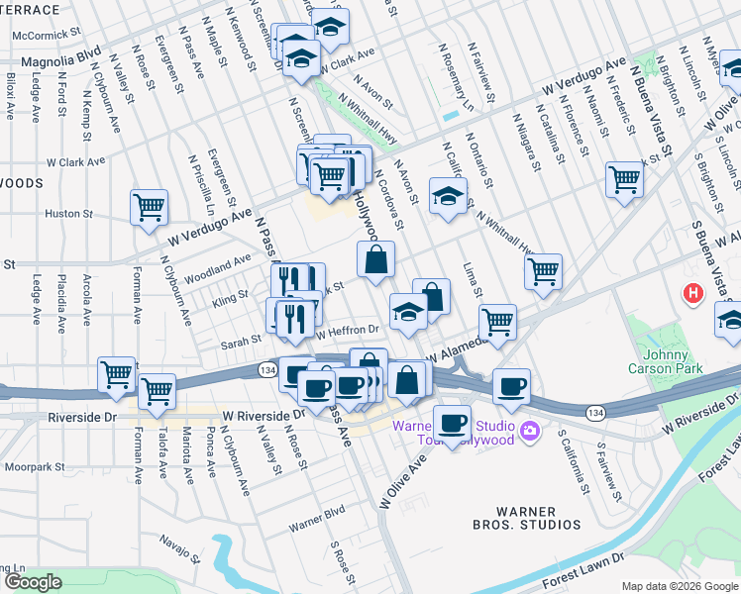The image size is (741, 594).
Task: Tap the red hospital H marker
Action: click(x=693, y=293)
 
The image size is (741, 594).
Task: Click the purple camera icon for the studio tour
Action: click(x=530, y=430)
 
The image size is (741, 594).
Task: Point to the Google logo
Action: click(x=32, y=582)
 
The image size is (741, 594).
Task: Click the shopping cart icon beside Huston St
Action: click(x=149, y=208)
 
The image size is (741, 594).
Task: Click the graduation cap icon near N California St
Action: click(x=448, y=195)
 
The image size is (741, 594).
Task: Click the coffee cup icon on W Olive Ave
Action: click(x=453, y=423)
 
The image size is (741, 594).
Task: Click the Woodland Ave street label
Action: click(x=219, y=263)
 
